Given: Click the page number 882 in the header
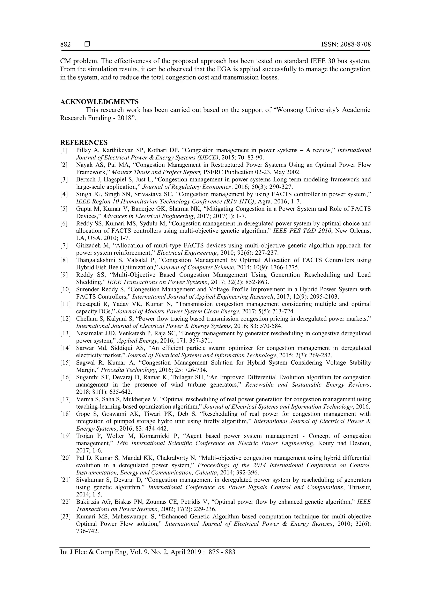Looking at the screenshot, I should coord(65,44).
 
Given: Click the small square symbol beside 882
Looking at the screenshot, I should coord(87,44).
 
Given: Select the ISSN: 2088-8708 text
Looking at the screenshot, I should coord(346,44).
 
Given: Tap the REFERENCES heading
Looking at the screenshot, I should coord(84,143).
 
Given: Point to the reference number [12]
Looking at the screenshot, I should coord(65,318).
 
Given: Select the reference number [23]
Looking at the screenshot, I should coord(65,517).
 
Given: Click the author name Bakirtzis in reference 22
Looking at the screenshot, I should coord(87,502).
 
